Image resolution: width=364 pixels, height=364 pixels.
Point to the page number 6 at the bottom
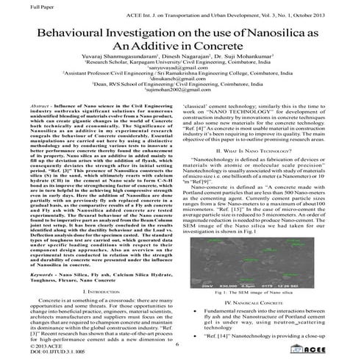[178, 344]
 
